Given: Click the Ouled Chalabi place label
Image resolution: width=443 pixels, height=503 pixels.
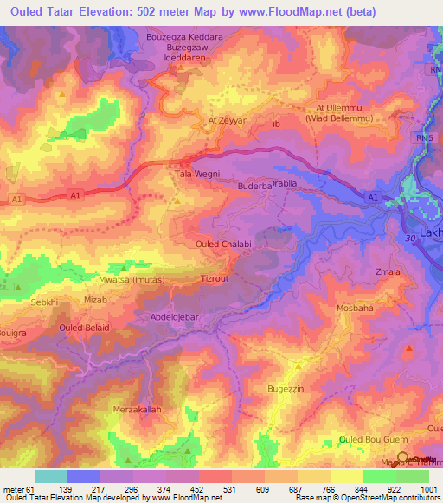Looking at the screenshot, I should [223, 245].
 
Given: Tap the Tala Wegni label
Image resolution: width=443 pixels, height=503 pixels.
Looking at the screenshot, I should [190, 173].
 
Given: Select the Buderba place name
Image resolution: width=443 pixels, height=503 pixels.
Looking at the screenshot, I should [254, 185].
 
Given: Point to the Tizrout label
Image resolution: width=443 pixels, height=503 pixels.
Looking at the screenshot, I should [214, 279].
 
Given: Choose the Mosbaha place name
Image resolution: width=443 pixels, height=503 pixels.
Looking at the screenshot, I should [353, 308].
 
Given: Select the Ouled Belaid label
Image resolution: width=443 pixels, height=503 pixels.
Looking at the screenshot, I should [83, 328].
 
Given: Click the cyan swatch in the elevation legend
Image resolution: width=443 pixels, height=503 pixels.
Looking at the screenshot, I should [51, 476].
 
